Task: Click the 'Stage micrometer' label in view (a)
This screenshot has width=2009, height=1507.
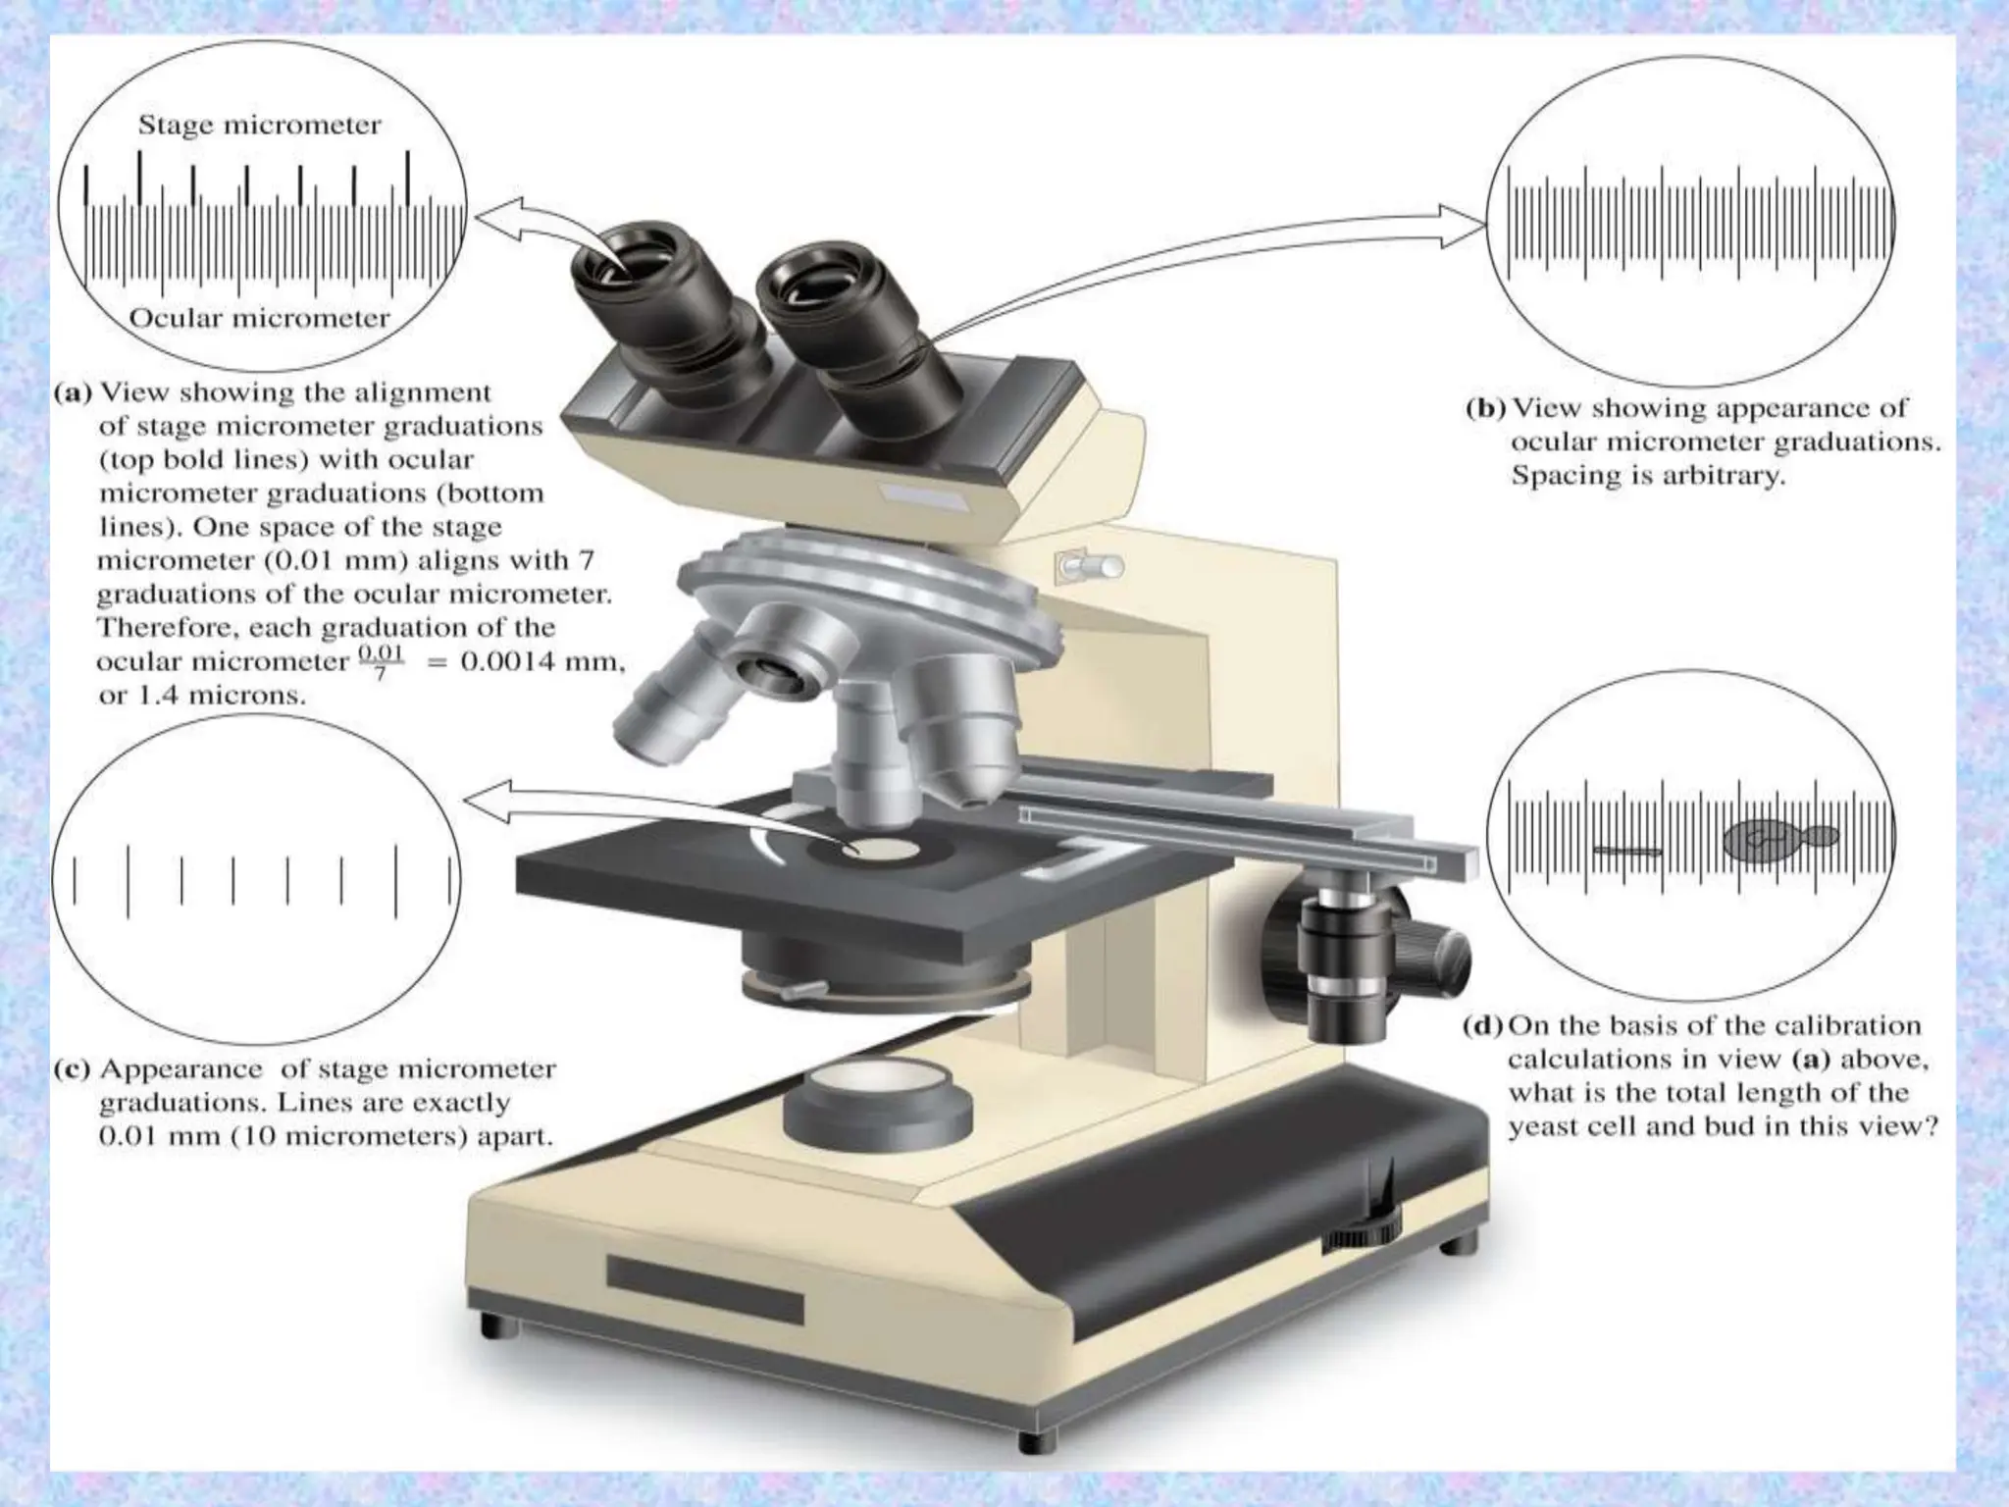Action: [259, 126]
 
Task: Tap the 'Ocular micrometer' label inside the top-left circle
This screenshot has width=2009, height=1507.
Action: [259, 318]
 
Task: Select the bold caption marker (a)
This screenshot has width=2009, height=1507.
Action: [73, 393]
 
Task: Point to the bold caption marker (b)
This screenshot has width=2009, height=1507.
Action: [1485, 408]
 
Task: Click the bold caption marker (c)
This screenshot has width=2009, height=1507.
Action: [71, 1068]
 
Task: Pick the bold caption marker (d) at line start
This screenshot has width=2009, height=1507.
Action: [1481, 1026]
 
